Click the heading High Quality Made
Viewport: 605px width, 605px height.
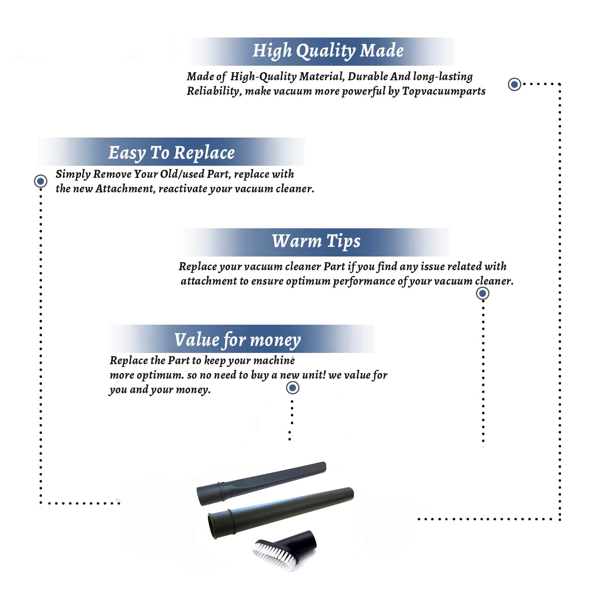pyautogui.click(x=328, y=51)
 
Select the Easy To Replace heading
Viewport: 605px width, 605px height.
pyautogui.click(x=171, y=153)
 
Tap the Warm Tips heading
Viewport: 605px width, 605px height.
pyautogui.click(x=316, y=242)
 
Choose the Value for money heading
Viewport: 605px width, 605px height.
pyautogui.click(x=238, y=340)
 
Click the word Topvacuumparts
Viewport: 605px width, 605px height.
pyautogui.click(x=444, y=91)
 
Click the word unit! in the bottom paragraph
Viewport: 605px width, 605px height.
pyautogui.click(x=314, y=375)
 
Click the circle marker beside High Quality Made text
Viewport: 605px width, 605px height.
pyautogui.click(x=514, y=84)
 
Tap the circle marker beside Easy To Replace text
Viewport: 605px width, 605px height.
pyautogui.click(x=40, y=181)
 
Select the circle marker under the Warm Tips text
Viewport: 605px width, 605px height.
pyautogui.click(x=482, y=293)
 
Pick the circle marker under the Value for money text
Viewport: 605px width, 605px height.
pyautogui.click(x=292, y=388)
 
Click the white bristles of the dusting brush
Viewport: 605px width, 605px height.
pyautogui.click(x=273, y=555)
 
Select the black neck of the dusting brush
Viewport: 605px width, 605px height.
pyautogui.click(x=298, y=543)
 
